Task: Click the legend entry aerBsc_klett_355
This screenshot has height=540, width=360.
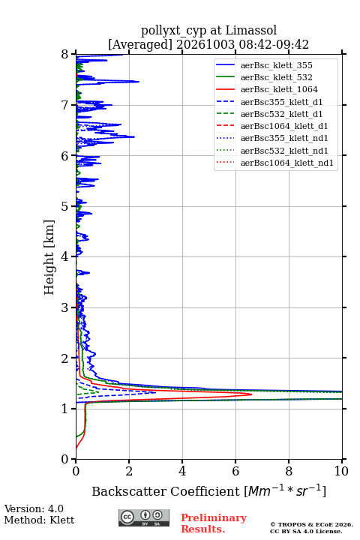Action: pos(264,65)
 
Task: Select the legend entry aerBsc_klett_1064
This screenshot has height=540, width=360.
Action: pos(267,89)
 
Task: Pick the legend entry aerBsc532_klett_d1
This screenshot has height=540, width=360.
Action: pos(269,114)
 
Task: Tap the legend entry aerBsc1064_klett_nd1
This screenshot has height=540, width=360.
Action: pos(275,163)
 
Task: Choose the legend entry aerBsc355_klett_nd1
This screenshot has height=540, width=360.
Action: pos(272,139)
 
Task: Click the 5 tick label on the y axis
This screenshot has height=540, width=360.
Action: pos(65,206)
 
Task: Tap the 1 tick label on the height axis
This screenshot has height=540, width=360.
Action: pos(65,409)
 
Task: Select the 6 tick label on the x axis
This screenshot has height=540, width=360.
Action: pos(235,471)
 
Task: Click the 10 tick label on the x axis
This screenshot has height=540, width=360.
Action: pos(341,471)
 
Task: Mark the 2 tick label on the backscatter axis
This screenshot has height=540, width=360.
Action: pos(129,471)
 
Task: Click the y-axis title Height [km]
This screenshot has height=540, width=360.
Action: pos(49,257)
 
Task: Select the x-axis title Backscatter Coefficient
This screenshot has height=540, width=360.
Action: pos(166,491)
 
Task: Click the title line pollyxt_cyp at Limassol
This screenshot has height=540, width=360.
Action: pos(208,30)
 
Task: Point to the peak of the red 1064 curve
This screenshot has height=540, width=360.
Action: pos(252,394)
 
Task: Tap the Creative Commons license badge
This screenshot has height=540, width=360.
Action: pos(144,517)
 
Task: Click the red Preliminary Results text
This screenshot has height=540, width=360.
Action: pos(214,523)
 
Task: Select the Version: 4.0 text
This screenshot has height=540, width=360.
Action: pos(34,508)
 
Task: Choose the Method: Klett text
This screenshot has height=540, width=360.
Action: pos(39,520)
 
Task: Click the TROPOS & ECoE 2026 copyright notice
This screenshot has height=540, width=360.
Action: pos(311,524)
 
